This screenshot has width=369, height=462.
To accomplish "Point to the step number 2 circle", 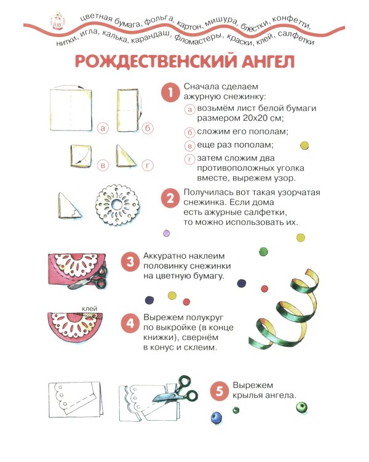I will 169,198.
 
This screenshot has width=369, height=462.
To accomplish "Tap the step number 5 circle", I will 218,391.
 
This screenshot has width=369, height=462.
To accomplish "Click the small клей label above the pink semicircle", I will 89,308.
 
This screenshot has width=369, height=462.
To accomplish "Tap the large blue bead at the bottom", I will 215,418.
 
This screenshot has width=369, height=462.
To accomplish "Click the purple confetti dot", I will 166,233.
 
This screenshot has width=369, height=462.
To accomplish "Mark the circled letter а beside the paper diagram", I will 102,128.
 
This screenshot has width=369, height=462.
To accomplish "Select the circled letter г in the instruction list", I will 190,160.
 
